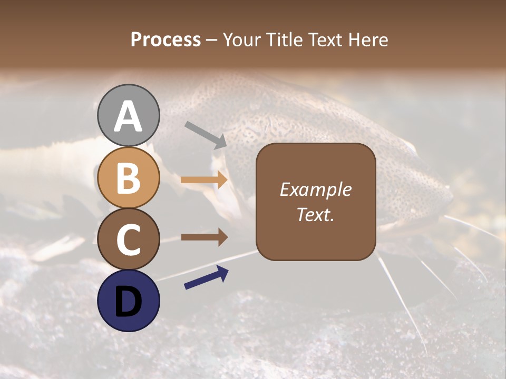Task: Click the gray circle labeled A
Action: pos(129,115)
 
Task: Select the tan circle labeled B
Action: pos(129,177)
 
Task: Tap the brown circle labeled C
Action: pos(129,239)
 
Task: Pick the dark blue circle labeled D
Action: pos(129,301)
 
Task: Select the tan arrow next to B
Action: pos(204,180)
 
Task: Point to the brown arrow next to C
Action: pos(204,237)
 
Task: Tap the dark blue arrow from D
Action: pos(206,278)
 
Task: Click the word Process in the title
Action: pos(166,40)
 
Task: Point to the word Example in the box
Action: pos(315,189)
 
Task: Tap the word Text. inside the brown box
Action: pos(315,214)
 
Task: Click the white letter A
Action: pos(129,116)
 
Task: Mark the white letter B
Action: pos(129,178)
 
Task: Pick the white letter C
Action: pos(129,240)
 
